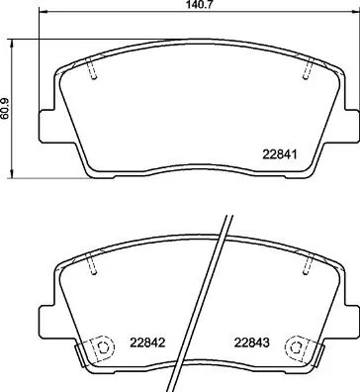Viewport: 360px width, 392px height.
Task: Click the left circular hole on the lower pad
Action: click(x=98, y=349)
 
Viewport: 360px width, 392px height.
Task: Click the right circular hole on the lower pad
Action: click(x=293, y=349)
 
